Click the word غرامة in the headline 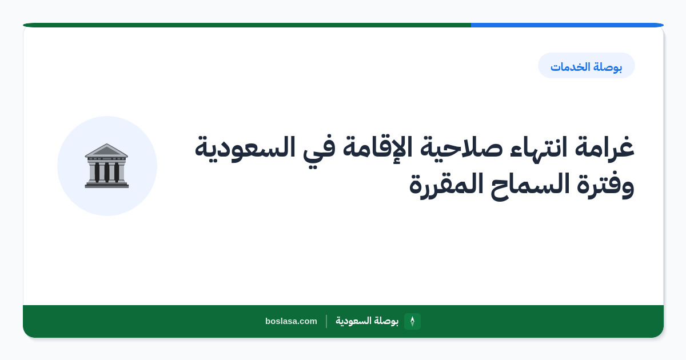click(605, 147)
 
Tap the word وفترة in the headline click(605, 185)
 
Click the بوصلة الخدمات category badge click(587, 66)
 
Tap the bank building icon click(107, 166)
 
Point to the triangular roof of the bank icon click(106, 150)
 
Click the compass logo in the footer click(412, 321)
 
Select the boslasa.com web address click(291, 321)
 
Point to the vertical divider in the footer click(326, 321)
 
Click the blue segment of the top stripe click(567, 25)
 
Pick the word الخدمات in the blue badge click(569, 66)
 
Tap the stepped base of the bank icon click(107, 185)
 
